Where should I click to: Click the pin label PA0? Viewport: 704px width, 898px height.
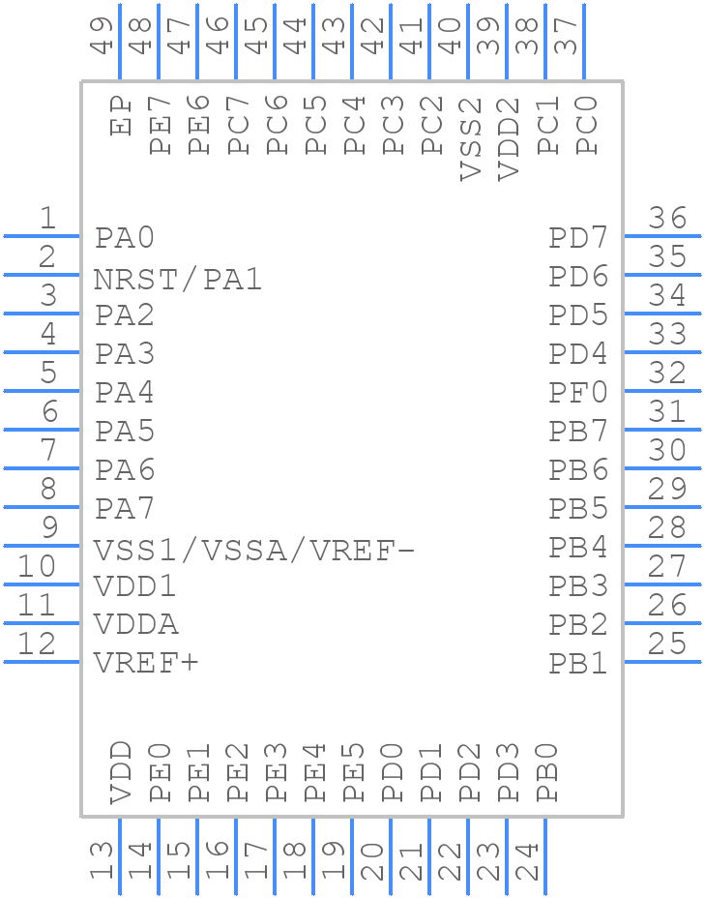point(125,238)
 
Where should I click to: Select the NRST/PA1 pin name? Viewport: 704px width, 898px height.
point(178,280)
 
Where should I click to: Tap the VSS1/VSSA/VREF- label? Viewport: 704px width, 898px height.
point(254,551)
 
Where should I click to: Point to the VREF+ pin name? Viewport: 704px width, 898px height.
point(146,664)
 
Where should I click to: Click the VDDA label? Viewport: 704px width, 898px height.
point(136,625)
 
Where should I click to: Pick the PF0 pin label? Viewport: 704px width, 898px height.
point(578,393)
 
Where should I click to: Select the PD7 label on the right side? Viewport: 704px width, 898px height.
point(578,238)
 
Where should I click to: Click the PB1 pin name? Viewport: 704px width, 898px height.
point(578,664)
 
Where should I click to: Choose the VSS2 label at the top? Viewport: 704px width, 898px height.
point(470,138)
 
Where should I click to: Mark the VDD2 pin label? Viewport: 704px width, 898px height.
point(509,138)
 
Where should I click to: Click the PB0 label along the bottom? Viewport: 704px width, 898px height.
point(547,773)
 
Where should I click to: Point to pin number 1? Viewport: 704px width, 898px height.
point(46,219)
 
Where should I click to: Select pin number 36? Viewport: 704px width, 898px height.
point(667,219)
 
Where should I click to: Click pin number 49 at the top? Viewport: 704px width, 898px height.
point(103,35)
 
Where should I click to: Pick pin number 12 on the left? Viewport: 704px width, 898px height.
point(37,644)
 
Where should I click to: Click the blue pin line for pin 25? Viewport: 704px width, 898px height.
point(662,662)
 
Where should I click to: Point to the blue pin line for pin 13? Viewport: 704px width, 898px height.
point(120,856)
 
